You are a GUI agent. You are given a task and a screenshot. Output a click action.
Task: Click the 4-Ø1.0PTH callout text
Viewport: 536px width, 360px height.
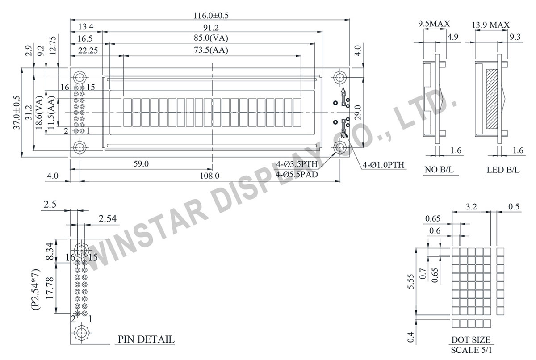[383, 165]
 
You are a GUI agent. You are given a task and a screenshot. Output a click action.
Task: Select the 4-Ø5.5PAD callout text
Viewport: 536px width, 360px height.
[297, 175]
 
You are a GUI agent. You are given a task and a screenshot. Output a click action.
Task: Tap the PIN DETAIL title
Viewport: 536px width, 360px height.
[146, 339]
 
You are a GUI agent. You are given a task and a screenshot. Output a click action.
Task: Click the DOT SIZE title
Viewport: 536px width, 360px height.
[471, 340]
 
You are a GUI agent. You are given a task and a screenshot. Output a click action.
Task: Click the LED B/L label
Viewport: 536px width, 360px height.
[503, 170]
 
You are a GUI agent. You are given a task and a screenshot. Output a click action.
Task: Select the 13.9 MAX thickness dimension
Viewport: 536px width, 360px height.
[490, 25]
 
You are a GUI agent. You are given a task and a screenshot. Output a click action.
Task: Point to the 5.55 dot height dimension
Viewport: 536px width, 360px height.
[411, 282]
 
